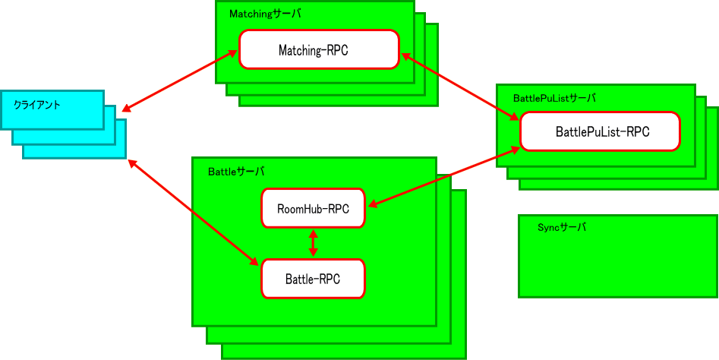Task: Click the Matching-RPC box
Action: pos(319,49)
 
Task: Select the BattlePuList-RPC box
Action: pos(600,131)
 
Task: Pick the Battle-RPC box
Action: pos(313,279)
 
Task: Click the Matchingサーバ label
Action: pos(264,14)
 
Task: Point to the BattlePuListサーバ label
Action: pos(554,98)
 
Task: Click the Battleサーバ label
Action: pos(236,172)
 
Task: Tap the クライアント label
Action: pos(37,105)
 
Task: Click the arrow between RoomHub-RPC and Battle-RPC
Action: pos(313,243)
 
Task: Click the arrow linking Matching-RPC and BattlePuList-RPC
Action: pos(459,85)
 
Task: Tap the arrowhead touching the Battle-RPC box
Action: pos(256,262)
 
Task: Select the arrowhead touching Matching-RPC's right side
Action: pos(404,55)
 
